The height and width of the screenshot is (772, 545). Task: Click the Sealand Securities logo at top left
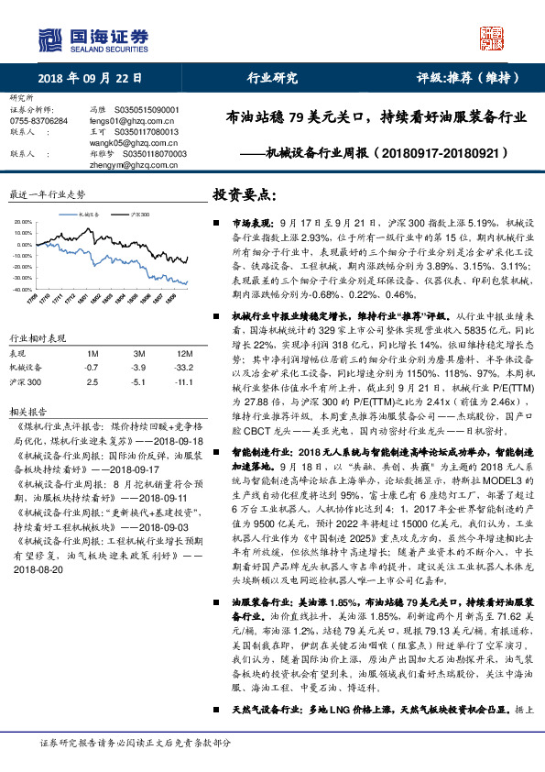click(x=93, y=38)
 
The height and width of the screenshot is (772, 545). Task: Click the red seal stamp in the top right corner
click(x=493, y=37)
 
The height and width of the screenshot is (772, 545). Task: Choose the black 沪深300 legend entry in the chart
click(x=139, y=213)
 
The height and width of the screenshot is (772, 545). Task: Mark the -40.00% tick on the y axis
click(x=23, y=289)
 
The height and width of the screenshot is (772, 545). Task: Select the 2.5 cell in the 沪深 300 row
click(x=90, y=380)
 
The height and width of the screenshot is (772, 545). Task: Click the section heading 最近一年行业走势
click(x=47, y=195)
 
